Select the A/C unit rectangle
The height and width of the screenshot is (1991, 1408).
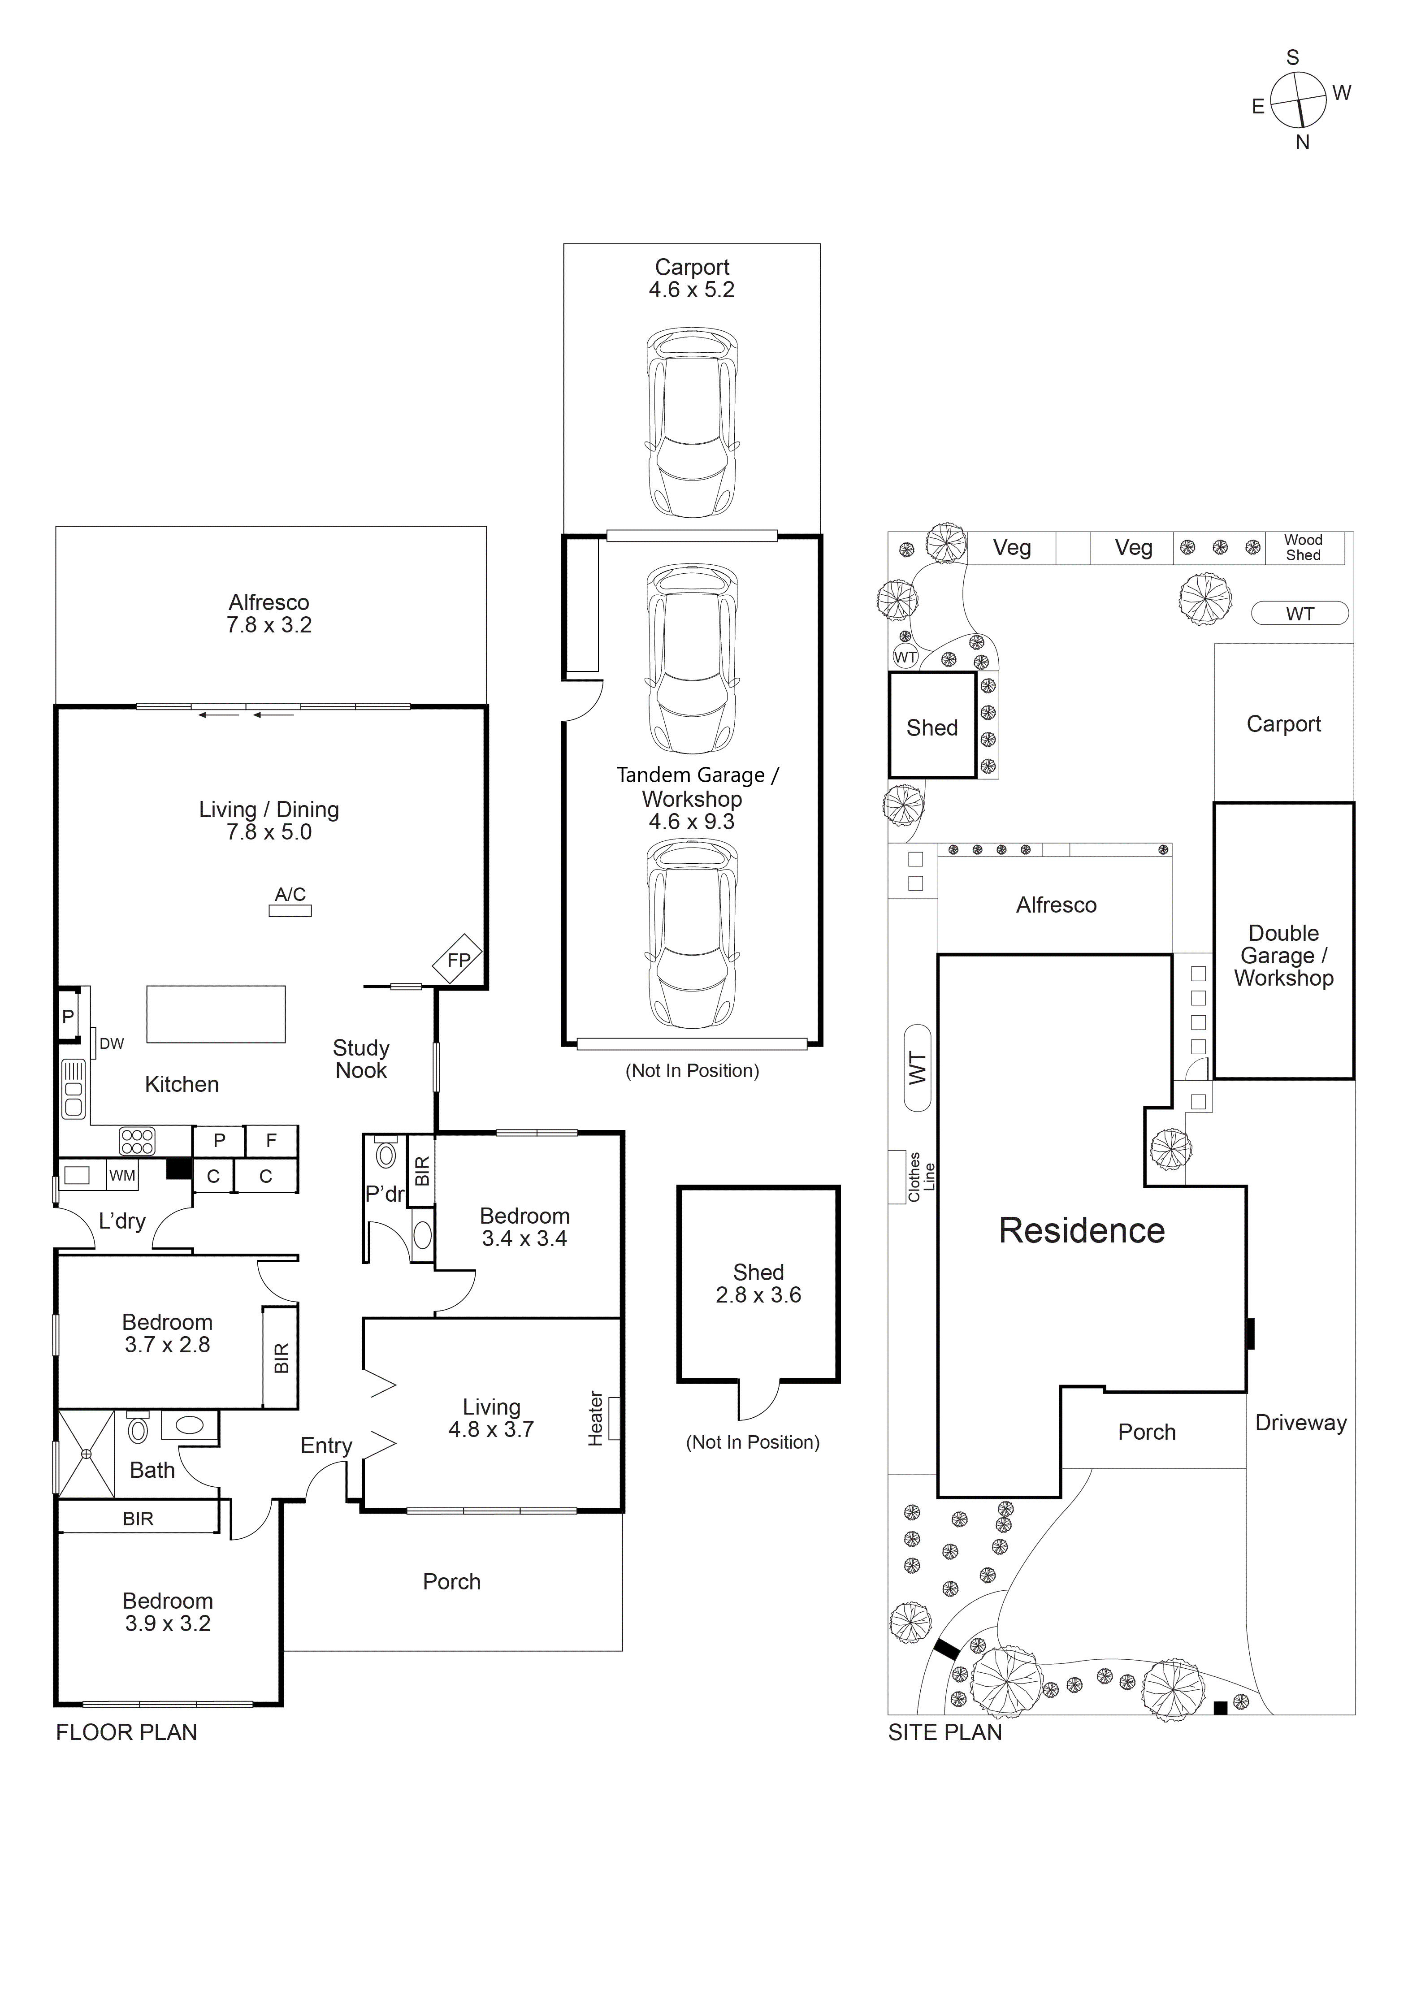290,910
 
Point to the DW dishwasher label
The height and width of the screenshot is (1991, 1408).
112,1044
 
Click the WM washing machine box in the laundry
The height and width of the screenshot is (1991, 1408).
122,1176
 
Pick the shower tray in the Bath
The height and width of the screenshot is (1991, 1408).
86,1454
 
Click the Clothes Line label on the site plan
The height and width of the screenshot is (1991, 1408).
921,1177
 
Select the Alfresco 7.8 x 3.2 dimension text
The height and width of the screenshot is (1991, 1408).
269,624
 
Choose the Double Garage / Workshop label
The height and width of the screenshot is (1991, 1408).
1283,956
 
